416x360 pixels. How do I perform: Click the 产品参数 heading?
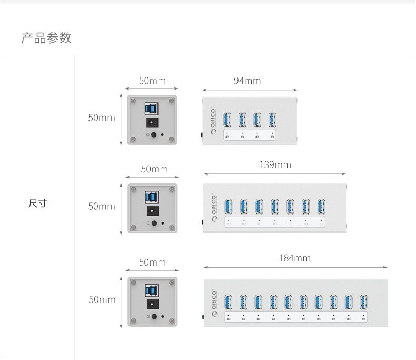(46, 38)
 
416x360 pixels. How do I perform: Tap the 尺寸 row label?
(38, 203)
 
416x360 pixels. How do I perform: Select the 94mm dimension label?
(247, 81)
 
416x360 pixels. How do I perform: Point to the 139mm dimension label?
(275, 165)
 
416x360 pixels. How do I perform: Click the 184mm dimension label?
(295, 258)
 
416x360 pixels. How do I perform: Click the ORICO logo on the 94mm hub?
(213, 121)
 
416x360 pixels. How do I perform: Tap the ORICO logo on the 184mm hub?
(214, 303)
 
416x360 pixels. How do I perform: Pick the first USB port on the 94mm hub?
(227, 120)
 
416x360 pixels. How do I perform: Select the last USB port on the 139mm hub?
(321, 207)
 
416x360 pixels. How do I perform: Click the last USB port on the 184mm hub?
(364, 302)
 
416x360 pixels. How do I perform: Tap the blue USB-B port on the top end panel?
(152, 109)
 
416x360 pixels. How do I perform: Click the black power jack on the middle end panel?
(153, 211)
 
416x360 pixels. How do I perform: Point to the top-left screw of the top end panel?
(133, 101)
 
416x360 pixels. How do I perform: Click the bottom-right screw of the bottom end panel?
(172, 321)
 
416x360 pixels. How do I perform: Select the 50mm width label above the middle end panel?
(154, 169)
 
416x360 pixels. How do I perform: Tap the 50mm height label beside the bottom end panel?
(102, 300)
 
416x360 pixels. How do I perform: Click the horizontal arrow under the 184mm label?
(295, 267)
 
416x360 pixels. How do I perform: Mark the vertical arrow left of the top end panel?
(121, 120)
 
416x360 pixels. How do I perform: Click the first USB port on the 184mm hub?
(228, 302)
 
